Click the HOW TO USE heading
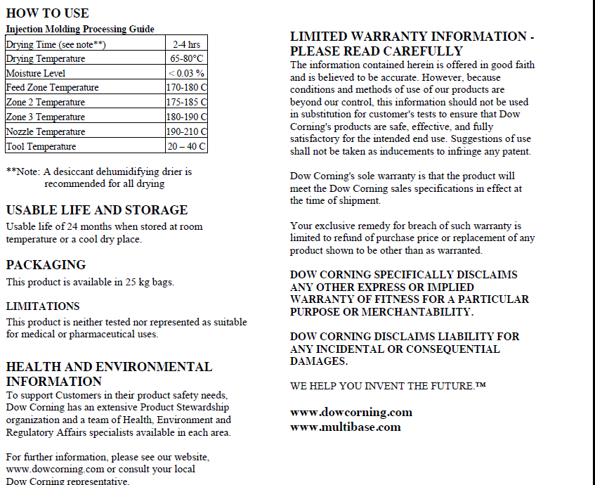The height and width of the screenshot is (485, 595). (47, 13)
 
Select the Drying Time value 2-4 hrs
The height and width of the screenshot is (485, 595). (186, 44)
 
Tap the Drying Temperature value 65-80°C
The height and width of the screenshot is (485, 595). (186, 59)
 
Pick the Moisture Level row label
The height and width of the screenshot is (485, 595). (36, 73)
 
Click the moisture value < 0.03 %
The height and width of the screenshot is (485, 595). (186, 73)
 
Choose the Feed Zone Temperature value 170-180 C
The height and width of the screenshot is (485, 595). (186, 88)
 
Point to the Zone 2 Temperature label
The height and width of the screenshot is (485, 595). (46, 103)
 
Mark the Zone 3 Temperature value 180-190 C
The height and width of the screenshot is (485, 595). (186, 117)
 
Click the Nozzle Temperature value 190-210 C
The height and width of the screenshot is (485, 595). (186, 132)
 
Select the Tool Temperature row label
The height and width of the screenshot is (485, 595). (41, 147)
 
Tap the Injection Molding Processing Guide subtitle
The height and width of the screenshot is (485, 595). (80, 29)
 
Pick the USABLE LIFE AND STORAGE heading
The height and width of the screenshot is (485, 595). (97, 210)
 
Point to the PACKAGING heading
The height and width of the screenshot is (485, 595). (46, 265)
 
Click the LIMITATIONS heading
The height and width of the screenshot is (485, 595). (43, 306)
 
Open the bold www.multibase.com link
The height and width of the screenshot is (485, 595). (346, 427)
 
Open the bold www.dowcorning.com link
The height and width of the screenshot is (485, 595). (351, 412)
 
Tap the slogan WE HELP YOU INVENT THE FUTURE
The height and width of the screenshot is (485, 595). (388, 386)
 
